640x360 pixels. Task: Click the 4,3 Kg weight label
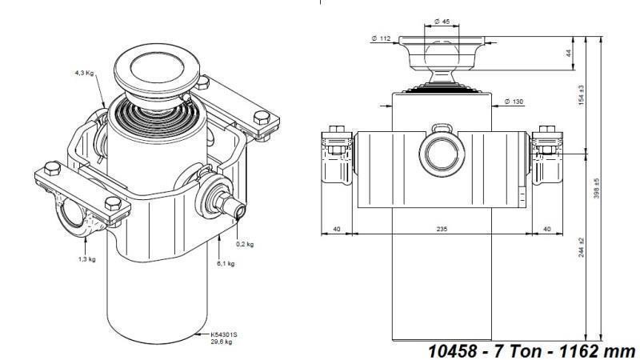[85, 73]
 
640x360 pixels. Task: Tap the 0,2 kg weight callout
[245, 243]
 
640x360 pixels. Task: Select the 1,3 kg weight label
[87, 259]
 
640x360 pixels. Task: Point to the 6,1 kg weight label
[226, 263]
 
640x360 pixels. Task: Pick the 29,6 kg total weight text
[221, 342]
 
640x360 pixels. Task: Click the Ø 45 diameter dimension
[442, 22]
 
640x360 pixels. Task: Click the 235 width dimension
[442, 229]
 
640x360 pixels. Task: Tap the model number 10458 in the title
[454, 350]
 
